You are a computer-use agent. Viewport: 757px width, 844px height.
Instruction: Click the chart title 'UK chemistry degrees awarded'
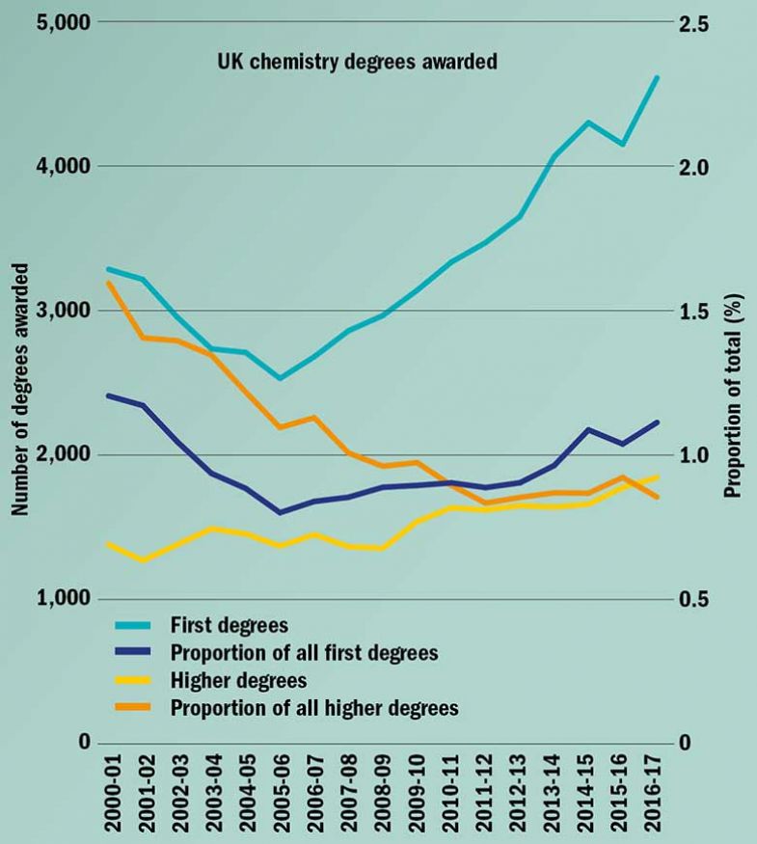point(355,64)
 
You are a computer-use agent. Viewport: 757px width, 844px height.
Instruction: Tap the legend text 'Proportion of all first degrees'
point(304,653)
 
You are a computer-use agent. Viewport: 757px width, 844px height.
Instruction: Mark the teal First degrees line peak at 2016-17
point(658,77)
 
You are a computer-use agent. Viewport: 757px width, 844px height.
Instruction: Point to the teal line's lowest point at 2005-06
point(280,378)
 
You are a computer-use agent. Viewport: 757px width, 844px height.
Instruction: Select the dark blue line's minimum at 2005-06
point(280,512)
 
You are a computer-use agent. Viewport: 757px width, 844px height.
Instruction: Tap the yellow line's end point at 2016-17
point(658,476)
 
